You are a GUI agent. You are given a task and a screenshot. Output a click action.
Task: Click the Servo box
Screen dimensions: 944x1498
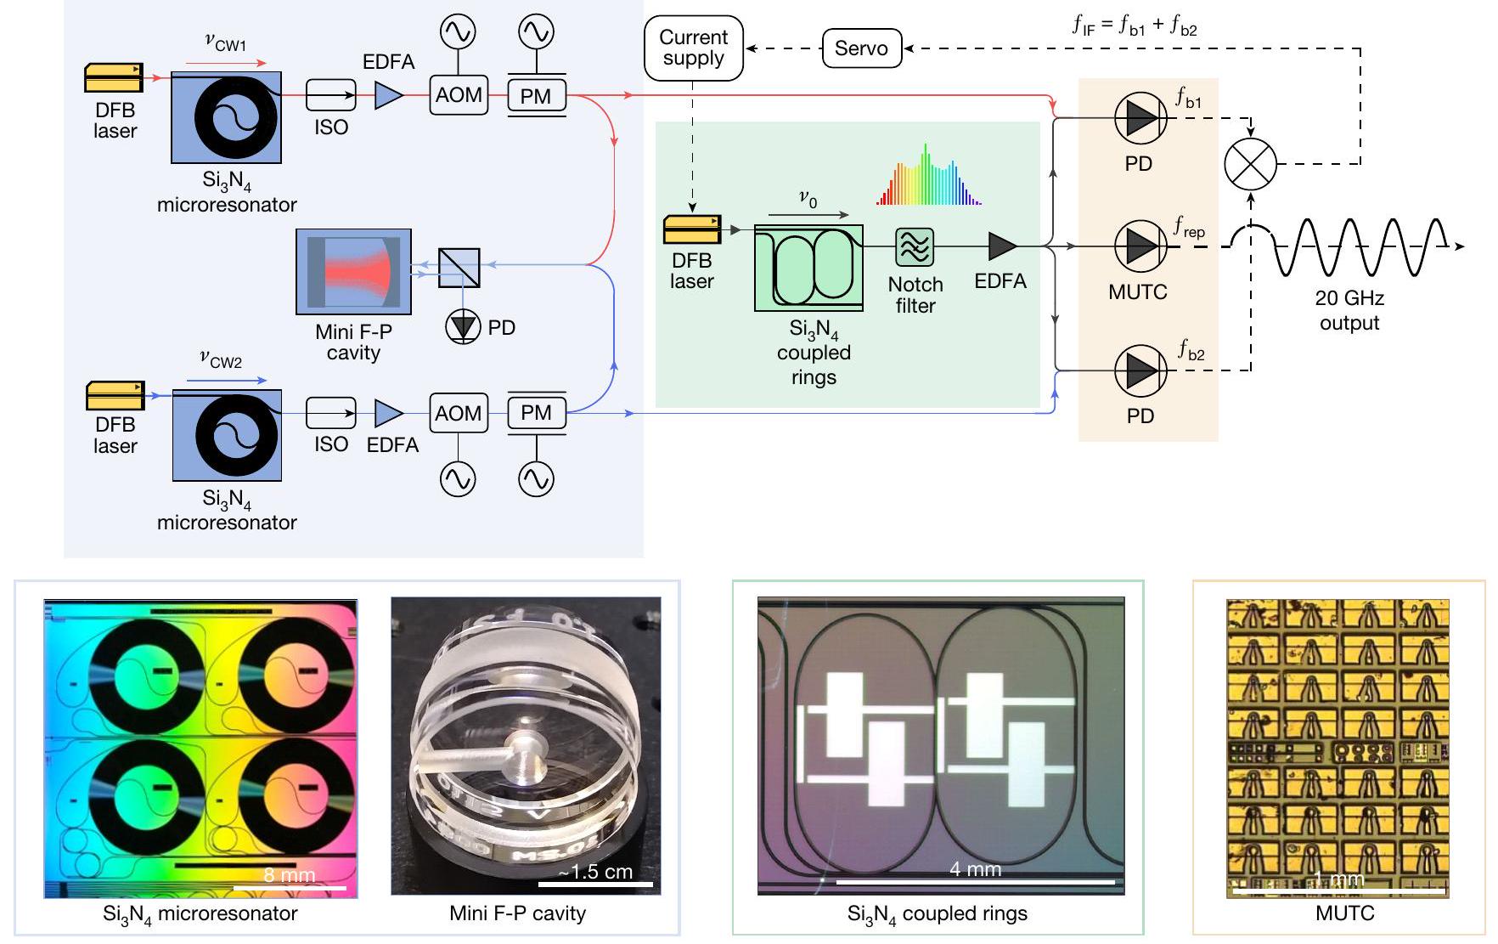(861, 48)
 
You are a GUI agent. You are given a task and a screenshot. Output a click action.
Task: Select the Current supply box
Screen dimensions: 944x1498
(693, 48)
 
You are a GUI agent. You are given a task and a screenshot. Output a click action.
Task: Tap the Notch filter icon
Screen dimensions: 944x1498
(915, 248)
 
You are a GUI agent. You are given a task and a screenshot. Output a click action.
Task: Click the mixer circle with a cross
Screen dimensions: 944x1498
(1250, 164)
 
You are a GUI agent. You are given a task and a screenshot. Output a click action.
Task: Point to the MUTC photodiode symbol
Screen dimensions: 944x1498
(1140, 246)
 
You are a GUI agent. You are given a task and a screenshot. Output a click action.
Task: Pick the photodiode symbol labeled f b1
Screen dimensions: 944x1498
(1140, 119)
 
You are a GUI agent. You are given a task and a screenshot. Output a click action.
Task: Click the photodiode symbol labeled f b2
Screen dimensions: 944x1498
(1140, 370)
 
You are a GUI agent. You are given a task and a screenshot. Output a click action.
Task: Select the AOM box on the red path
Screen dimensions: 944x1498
(459, 95)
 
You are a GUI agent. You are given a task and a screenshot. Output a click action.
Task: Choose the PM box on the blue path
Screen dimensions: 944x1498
(536, 413)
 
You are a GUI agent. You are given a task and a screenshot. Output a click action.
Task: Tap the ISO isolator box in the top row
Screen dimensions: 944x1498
(330, 95)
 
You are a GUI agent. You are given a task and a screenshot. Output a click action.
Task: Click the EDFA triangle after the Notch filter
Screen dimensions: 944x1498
(1002, 246)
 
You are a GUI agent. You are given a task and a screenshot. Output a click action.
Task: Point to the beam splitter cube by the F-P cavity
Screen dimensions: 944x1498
(459, 268)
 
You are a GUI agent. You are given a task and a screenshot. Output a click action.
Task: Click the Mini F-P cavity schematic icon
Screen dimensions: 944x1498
(353, 272)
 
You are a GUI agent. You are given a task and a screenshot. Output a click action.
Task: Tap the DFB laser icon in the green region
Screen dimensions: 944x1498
(692, 229)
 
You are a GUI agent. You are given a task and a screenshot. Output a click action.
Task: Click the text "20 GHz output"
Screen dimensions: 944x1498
(1349, 310)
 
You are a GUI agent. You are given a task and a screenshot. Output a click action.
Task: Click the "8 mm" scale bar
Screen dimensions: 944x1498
(290, 887)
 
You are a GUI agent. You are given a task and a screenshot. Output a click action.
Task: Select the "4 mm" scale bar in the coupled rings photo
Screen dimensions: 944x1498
(975, 882)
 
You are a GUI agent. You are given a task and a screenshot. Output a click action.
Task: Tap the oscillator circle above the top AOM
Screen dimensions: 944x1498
(458, 32)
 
